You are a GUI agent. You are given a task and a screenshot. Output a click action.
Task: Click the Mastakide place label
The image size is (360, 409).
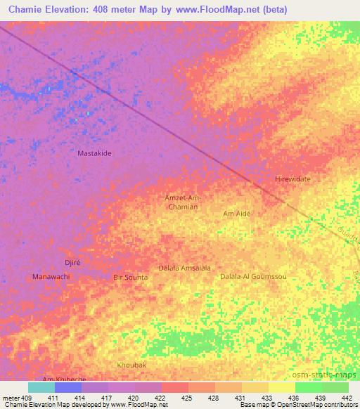tap(94, 152)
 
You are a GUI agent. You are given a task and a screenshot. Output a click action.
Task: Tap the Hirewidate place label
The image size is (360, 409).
tap(292, 179)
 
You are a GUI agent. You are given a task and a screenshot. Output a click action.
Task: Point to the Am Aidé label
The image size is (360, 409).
tap(236, 213)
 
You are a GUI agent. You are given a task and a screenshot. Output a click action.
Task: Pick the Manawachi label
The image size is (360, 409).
tap(51, 277)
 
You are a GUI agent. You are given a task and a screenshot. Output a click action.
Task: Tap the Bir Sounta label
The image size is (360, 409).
tap(131, 278)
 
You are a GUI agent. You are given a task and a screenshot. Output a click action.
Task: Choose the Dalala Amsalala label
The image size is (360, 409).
tap(184, 268)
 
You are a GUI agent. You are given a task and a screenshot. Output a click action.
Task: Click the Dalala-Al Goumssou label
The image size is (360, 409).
tap(253, 277)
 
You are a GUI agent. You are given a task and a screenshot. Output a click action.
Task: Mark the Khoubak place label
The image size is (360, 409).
tap(132, 365)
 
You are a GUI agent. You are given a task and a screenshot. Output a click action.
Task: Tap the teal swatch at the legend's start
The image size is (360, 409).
tap(41, 387)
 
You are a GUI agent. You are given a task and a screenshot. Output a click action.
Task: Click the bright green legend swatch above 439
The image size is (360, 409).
tap(308, 387)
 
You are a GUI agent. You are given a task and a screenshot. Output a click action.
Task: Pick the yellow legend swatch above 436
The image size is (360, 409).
tap(281, 387)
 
